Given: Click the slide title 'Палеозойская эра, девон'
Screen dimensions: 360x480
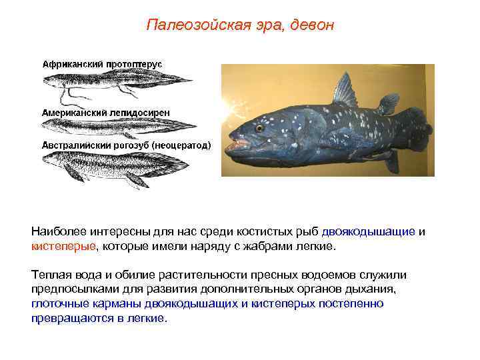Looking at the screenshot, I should point(239,26).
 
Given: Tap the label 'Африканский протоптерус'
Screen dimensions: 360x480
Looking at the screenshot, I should point(103,63).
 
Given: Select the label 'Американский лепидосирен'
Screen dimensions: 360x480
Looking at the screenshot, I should point(106,113).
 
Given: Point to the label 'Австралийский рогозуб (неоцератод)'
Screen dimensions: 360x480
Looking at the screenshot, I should point(127,144).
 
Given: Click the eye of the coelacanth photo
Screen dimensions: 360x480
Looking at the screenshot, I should point(259,127).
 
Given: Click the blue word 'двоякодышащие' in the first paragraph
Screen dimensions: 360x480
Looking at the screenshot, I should point(368,232).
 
